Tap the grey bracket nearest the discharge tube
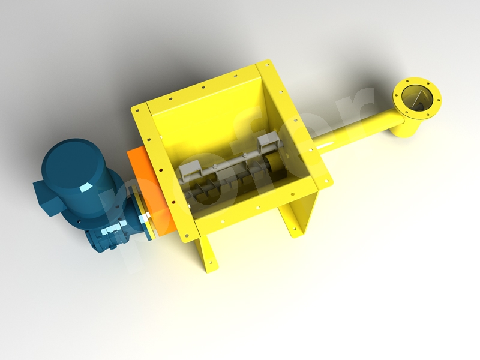pyautogui.click(x=265, y=143)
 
